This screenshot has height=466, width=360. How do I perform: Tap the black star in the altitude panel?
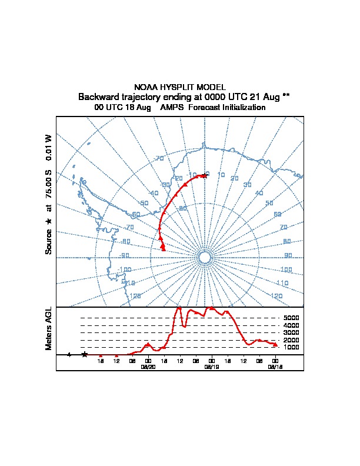[85, 354]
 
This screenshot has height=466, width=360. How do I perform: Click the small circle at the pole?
[205, 258]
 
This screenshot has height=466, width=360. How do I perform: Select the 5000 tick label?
[291, 318]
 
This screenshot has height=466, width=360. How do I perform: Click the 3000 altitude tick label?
[291, 333]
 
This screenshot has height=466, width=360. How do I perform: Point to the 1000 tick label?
[291, 348]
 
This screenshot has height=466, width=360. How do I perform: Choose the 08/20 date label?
[148, 366]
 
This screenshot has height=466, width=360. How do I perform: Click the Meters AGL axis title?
[49, 328]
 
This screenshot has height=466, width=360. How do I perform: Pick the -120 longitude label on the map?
[134, 296]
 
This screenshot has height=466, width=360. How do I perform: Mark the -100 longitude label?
[124, 269]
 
